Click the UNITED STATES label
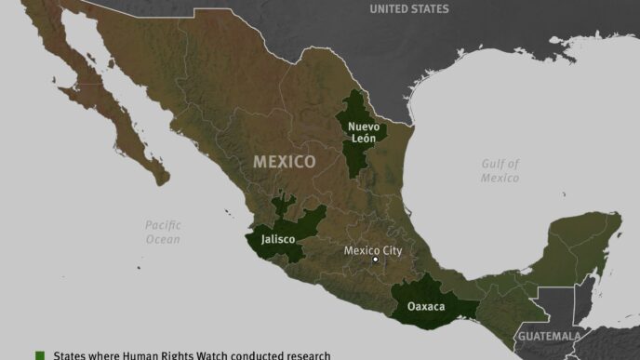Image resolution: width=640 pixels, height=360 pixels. (x=408, y=9)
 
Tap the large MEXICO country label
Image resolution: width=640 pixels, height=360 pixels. (x=285, y=162)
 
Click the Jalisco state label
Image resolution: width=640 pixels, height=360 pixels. (x=277, y=239)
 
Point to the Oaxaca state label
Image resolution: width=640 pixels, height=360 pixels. (x=425, y=306)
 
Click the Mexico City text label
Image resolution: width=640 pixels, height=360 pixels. (x=373, y=250)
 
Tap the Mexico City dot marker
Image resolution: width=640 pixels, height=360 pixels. (x=375, y=260)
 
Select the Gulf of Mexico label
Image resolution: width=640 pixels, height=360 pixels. (x=500, y=170)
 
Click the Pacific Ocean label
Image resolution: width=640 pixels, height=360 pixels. (x=163, y=232)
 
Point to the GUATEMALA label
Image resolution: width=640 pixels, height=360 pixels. (x=549, y=336)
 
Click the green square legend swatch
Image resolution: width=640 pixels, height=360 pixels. (x=40, y=354)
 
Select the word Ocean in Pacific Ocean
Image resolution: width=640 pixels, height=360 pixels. (x=163, y=239)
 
